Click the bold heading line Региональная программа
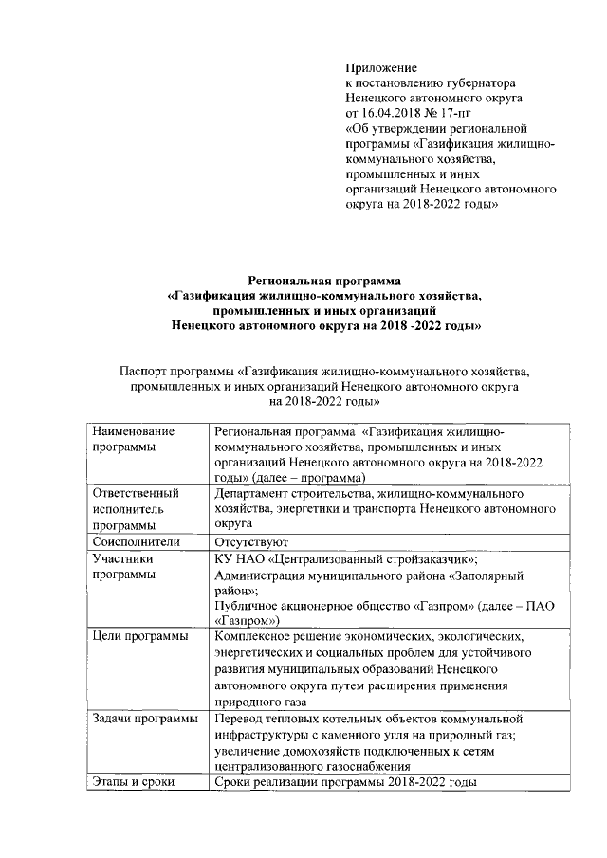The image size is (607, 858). point(323,280)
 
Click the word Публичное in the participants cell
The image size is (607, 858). point(248,606)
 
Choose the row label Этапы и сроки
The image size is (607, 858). point(134,782)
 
